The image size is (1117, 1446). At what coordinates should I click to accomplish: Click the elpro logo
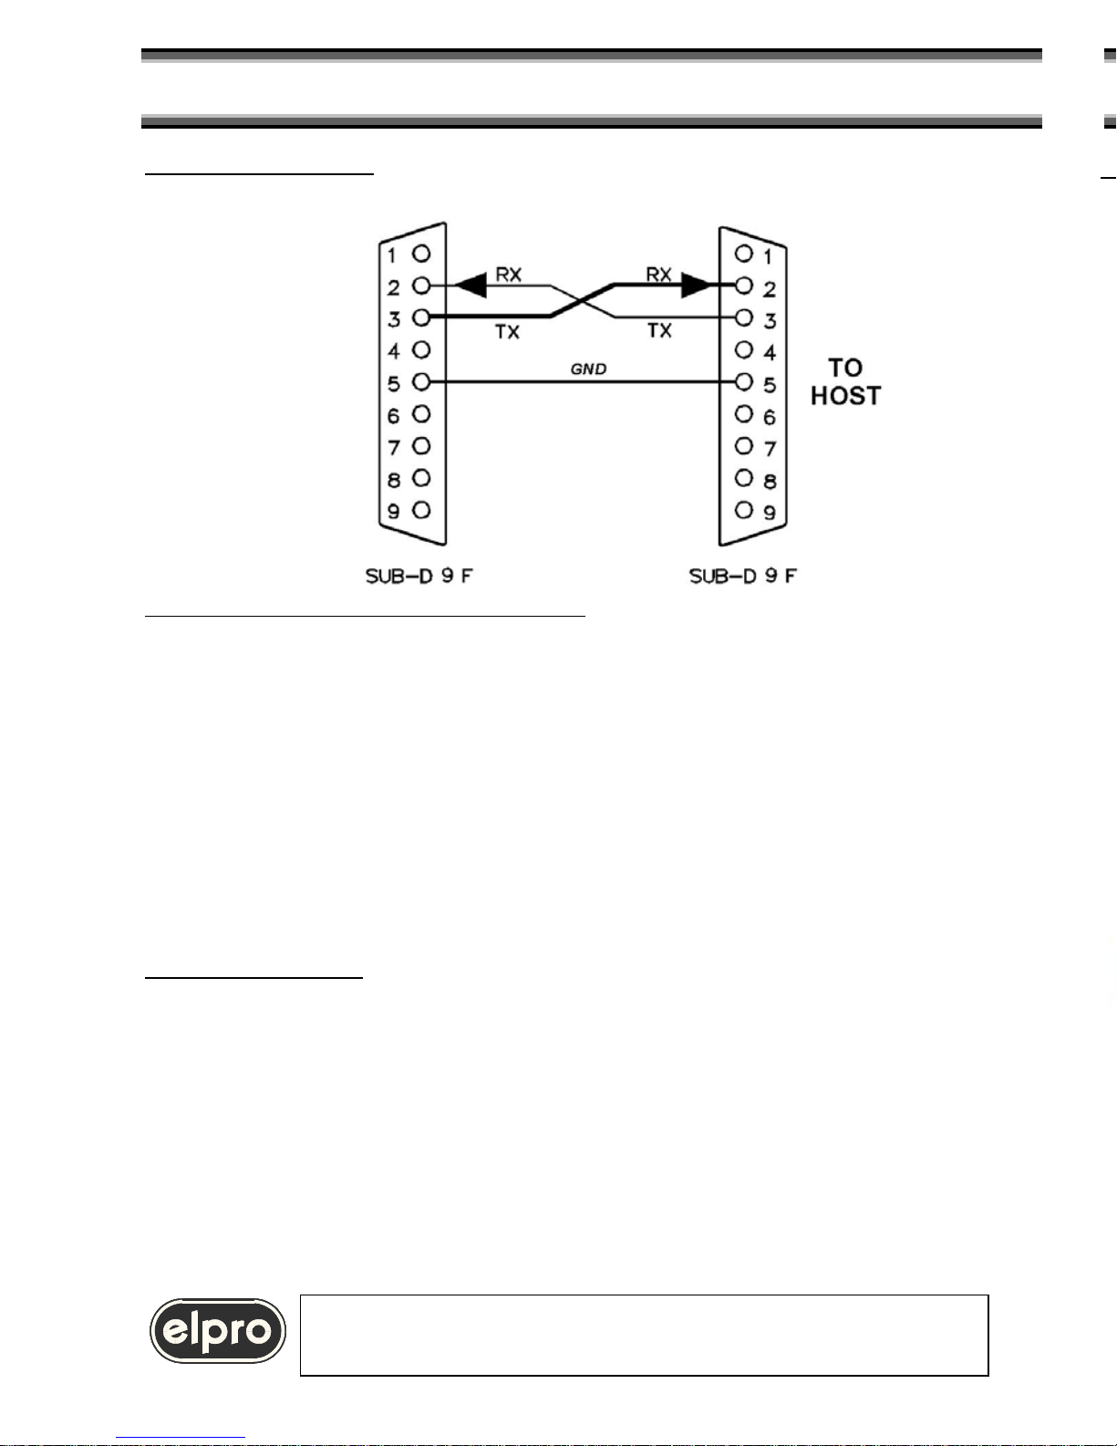218,1331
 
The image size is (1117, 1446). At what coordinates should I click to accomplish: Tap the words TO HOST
845,381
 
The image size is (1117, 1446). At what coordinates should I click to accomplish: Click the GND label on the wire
588,369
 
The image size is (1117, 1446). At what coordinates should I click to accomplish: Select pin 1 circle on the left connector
421,253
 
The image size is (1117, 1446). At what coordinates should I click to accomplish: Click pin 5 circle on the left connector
421,381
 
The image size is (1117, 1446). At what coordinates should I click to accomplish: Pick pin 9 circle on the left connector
421,510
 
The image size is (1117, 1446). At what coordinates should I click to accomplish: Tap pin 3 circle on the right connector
745,317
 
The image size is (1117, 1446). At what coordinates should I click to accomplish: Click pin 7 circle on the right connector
745,446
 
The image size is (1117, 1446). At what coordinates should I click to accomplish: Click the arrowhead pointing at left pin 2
470,286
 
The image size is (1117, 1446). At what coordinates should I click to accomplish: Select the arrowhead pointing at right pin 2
697,286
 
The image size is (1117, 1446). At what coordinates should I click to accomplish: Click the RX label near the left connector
508,274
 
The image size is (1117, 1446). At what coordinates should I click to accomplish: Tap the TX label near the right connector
659,330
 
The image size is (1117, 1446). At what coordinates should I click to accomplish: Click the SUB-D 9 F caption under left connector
419,576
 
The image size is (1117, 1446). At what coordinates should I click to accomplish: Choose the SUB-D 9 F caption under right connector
743,576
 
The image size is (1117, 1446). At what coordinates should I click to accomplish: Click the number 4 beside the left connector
394,351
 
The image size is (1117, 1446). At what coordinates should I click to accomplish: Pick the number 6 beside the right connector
770,417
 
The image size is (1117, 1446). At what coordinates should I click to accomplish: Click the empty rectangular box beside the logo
644,1335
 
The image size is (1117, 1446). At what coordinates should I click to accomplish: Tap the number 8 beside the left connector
394,480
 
